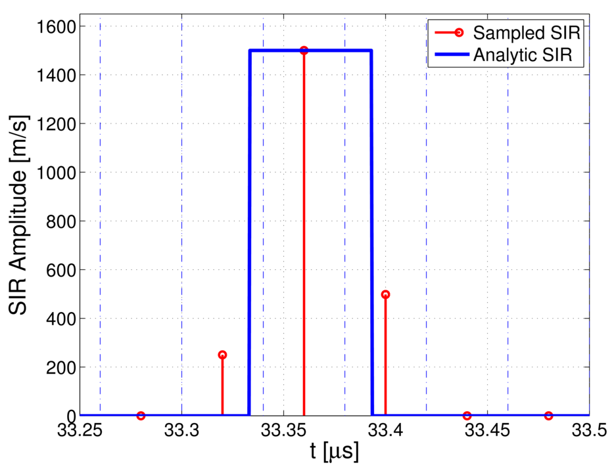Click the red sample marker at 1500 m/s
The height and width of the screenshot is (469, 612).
(x=304, y=51)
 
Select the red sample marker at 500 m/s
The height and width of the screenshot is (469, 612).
(x=385, y=294)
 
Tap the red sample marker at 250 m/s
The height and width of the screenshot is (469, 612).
(x=222, y=355)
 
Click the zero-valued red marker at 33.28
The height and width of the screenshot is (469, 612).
(x=141, y=415)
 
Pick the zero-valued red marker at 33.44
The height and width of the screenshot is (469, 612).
(x=467, y=415)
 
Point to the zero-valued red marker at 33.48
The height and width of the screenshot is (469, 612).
(x=548, y=415)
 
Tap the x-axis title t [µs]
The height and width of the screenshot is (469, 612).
(x=335, y=453)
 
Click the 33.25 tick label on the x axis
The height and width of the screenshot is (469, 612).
(x=80, y=431)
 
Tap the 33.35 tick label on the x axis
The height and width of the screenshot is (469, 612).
(x=283, y=431)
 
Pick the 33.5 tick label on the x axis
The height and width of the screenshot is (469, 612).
(x=589, y=431)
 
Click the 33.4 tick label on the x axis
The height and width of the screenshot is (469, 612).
(x=385, y=431)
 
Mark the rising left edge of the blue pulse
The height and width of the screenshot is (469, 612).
(x=250, y=230)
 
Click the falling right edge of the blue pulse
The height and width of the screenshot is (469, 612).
(x=371, y=230)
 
